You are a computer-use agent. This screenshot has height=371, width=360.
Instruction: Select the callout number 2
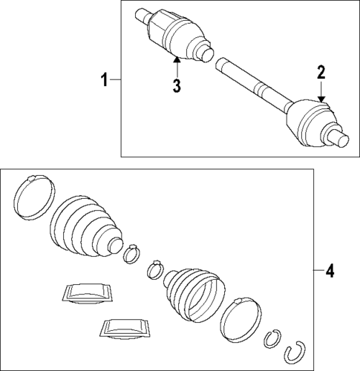click(x=321, y=72)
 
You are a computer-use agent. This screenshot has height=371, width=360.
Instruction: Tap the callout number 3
click(x=177, y=85)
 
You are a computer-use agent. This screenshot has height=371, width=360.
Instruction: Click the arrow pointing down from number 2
click(x=321, y=93)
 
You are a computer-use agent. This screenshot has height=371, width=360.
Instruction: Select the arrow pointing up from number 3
click(x=177, y=63)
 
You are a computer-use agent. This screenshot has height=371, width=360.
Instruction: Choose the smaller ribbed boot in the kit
click(x=193, y=294)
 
